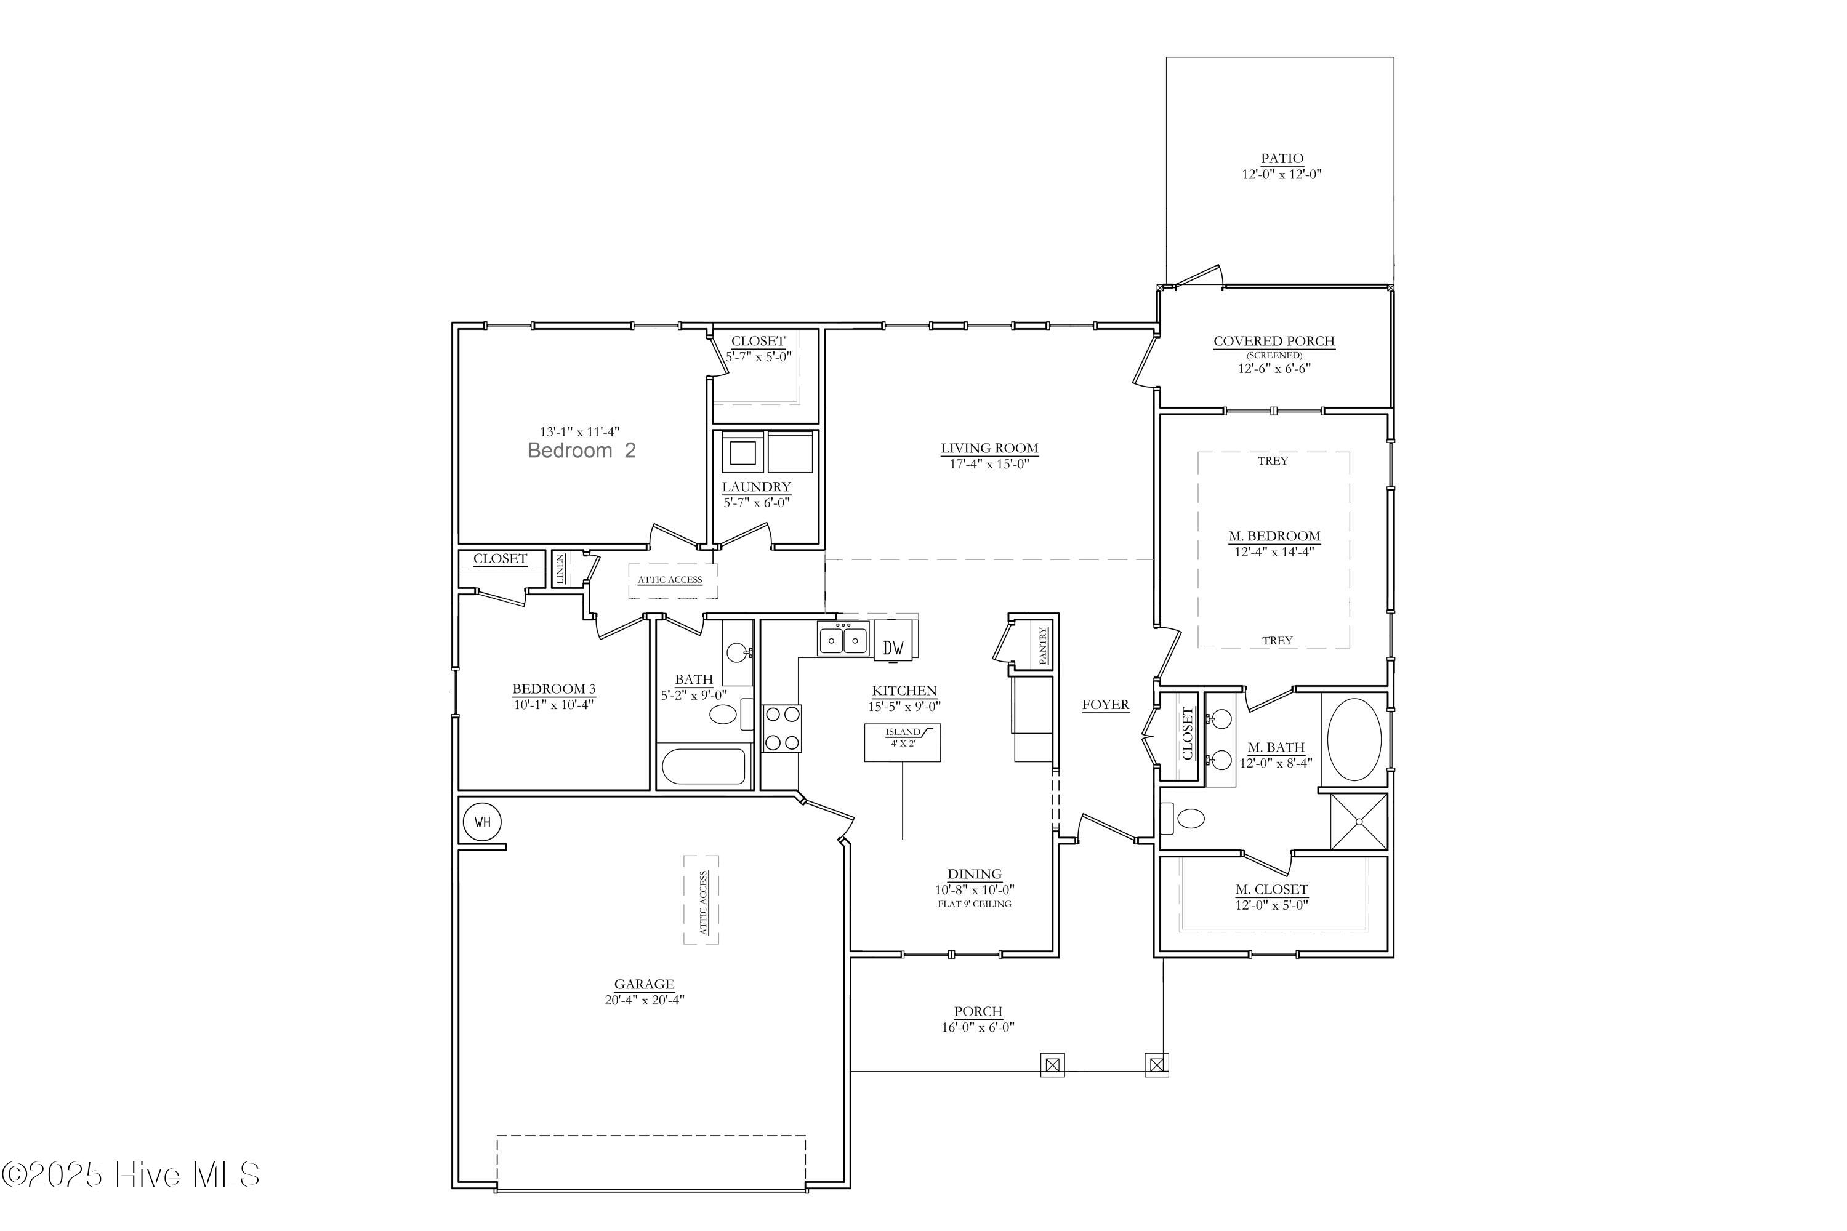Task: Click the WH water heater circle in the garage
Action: tap(482, 822)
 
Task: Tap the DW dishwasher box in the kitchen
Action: tap(893, 647)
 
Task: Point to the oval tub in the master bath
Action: tap(1354, 740)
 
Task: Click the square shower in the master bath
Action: tap(1359, 822)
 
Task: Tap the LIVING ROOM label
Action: tap(989, 448)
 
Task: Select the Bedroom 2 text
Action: tap(581, 451)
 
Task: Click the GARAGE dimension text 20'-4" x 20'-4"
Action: tap(644, 1000)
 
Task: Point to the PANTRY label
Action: tap(1043, 645)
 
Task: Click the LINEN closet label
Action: tap(561, 568)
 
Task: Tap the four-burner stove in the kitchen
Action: tap(782, 729)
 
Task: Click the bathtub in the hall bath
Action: tap(703, 767)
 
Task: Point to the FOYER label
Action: tap(1105, 704)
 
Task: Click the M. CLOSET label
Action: tap(1271, 889)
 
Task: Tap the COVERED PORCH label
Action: tap(1274, 341)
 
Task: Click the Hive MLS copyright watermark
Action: tap(131, 1175)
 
